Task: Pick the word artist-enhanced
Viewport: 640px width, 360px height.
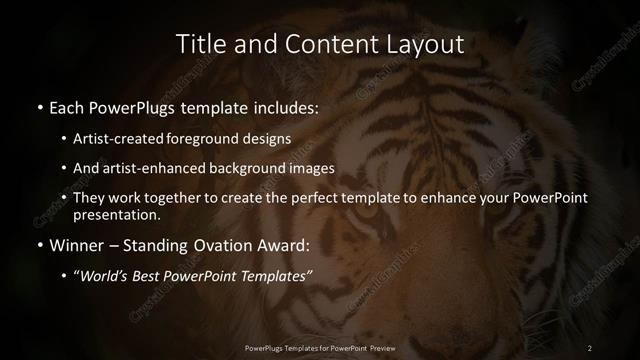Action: point(160,168)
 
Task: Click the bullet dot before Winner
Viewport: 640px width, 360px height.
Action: point(39,243)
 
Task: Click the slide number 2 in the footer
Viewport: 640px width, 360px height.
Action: point(590,347)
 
